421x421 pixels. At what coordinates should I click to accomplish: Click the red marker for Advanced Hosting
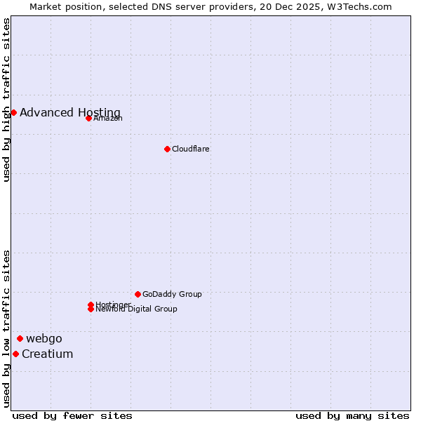[13, 112]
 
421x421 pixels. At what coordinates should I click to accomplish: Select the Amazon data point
[88, 118]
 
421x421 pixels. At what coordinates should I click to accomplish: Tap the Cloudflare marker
[167, 149]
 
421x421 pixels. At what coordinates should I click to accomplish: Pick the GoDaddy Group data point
[138, 294]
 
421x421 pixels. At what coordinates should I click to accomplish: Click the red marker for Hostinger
[91, 305]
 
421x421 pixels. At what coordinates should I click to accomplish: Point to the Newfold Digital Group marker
[91, 309]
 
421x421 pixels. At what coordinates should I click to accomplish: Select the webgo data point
[20, 338]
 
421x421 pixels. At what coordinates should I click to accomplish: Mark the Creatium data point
[15, 354]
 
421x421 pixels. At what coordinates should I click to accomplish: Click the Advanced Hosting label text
[70, 112]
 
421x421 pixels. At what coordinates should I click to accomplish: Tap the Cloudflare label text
[191, 149]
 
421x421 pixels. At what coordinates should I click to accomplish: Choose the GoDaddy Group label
[172, 294]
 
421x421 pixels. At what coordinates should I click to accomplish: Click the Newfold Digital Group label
[137, 309]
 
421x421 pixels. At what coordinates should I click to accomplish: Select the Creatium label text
[48, 354]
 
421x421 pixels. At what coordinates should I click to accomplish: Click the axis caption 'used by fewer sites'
[72, 415]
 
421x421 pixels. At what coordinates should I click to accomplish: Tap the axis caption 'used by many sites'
[352, 415]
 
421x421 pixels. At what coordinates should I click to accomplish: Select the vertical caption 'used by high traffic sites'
[6, 100]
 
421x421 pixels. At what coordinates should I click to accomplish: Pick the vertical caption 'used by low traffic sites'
[6, 328]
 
